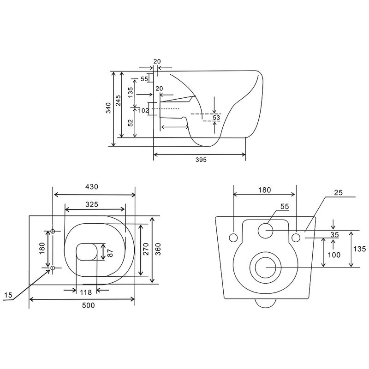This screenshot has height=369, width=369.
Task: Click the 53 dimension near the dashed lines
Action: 216,118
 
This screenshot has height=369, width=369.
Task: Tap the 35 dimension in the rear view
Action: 334,235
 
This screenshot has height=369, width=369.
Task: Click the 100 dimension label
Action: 334,255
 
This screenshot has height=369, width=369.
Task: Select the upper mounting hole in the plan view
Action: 53,231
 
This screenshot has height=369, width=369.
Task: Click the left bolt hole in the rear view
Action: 234,237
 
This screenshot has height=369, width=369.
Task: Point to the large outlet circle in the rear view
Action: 266,267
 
